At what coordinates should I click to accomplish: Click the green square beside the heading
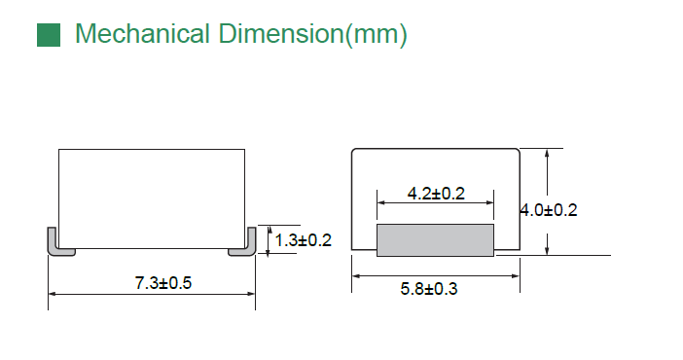pyautogui.click(x=49, y=35)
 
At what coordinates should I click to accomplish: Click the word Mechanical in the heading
pyautogui.click(x=142, y=33)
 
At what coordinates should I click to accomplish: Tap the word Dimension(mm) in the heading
pyautogui.click(x=312, y=34)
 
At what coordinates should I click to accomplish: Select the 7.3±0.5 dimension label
pyautogui.click(x=163, y=283)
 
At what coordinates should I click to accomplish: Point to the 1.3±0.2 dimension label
pyautogui.click(x=304, y=240)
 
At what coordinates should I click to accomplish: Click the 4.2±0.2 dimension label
pyautogui.click(x=436, y=194)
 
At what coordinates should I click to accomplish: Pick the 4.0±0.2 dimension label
pyautogui.click(x=549, y=210)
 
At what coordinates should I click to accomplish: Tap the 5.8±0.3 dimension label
pyautogui.click(x=429, y=289)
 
